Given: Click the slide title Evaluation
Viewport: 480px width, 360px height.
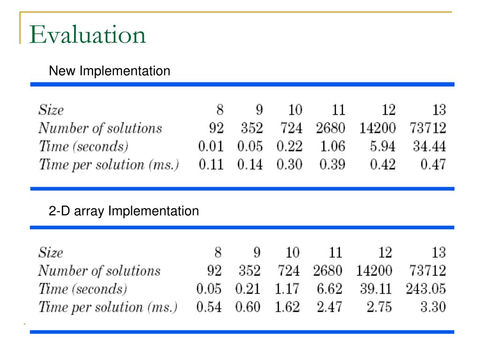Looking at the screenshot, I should click(x=88, y=36).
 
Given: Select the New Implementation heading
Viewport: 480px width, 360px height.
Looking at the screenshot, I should click(x=110, y=71).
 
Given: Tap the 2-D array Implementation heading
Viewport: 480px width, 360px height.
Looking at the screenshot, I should click(x=124, y=211).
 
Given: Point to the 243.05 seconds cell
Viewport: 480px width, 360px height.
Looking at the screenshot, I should click(x=426, y=289).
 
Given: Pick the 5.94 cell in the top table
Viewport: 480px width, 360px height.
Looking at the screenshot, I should click(x=382, y=147).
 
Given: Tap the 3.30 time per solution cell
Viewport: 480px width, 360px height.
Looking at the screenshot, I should click(x=432, y=307).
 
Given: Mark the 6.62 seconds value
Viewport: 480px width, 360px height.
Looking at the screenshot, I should click(x=329, y=289).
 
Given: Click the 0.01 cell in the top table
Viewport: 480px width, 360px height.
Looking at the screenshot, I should click(x=211, y=147).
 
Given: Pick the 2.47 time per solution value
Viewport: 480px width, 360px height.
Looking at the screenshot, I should click(x=329, y=307).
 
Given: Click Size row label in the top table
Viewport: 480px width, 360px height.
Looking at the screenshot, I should click(x=51, y=111).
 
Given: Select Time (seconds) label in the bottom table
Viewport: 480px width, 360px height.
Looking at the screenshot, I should click(x=82, y=289).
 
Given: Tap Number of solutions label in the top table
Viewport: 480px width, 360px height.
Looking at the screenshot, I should click(x=100, y=128).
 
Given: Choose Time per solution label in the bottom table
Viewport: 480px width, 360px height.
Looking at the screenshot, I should click(x=108, y=307).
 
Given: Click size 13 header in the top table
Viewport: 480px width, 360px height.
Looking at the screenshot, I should click(x=439, y=111).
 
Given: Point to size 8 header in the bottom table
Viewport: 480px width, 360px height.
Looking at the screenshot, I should click(x=217, y=253).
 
